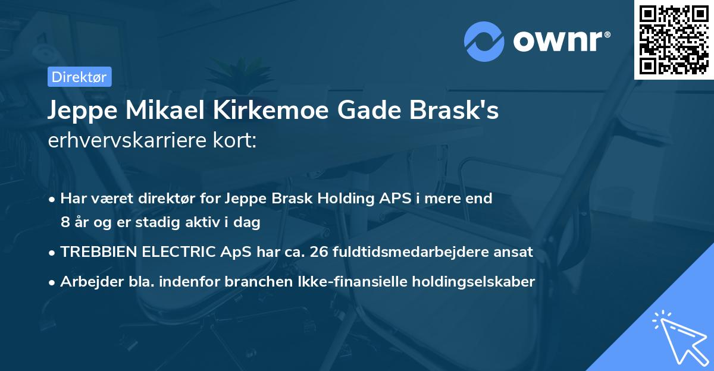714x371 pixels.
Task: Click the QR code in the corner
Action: pos(674,40)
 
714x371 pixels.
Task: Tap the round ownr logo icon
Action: pos(485,42)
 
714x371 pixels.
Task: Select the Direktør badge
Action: pos(79,77)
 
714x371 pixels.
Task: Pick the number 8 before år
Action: pos(65,223)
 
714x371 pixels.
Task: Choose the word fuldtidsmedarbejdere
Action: pos(410,252)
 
